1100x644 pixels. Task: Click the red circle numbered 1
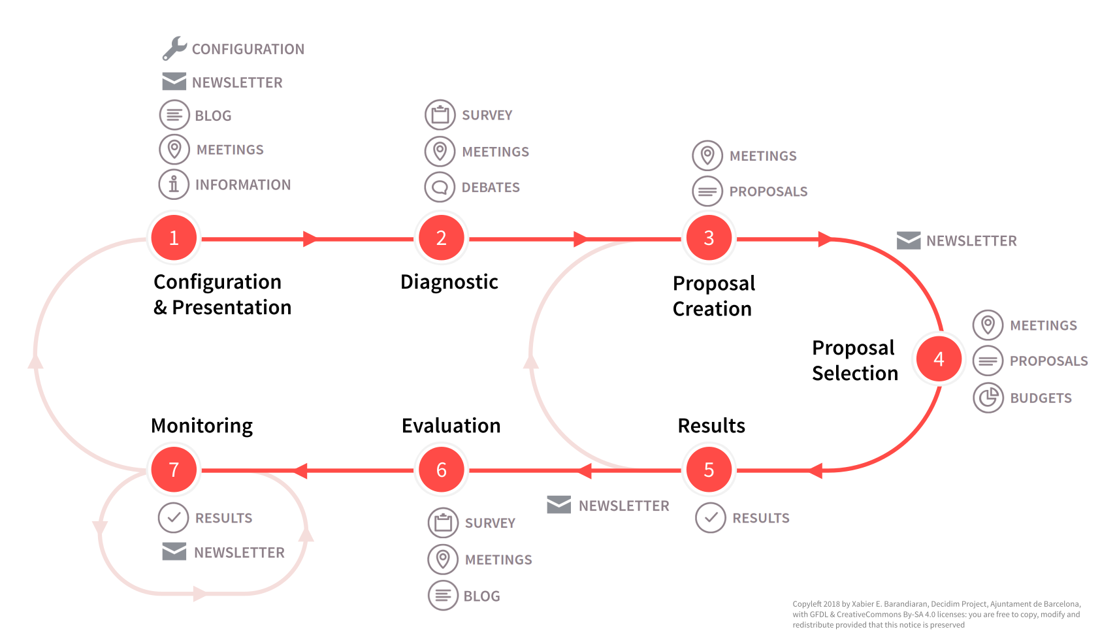174,238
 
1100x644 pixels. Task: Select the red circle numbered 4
939,359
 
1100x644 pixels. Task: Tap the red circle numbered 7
174,470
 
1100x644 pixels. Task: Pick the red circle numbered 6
442,470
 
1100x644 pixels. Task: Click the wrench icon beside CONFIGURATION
174,48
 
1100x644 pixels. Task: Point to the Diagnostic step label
449,282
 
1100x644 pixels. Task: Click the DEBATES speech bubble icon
440,187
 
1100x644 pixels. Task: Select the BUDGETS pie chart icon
988,398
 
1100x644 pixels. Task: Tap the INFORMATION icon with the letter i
174,185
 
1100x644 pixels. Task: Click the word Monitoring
201,426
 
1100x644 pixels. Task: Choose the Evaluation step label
451,426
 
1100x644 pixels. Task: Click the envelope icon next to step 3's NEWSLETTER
908,240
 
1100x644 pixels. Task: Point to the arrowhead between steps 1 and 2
310,239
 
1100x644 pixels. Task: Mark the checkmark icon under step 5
710,518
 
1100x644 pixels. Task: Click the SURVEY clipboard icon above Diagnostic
440,115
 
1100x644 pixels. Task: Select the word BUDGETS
1041,398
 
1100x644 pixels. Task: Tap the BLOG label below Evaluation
481,596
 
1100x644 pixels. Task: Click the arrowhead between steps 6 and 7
300,470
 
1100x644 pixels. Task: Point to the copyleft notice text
936,615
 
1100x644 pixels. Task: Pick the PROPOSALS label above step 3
768,192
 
